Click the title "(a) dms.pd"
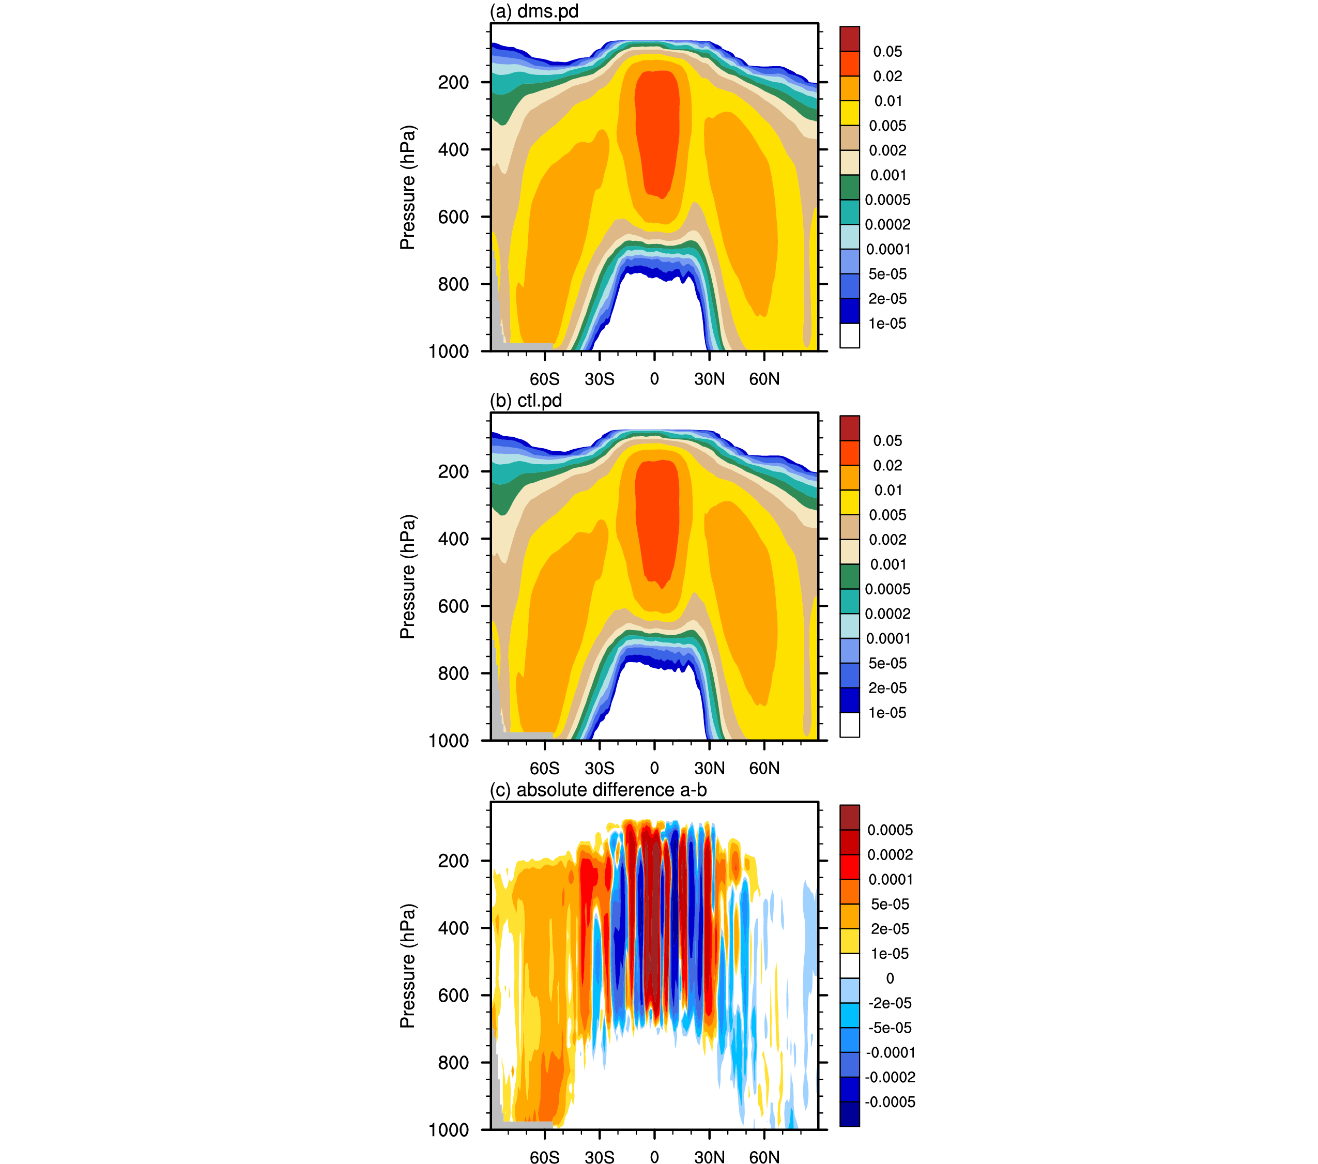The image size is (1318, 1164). click(534, 11)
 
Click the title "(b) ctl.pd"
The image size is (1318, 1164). click(526, 401)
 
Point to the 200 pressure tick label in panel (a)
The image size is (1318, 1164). click(453, 83)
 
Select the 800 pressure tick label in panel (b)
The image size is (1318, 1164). click(453, 673)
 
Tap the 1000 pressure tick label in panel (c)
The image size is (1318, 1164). click(449, 1130)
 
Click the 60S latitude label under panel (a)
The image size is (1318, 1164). click(545, 379)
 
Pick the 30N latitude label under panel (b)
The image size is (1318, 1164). click(709, 768)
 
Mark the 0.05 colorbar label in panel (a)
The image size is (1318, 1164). click(887, 52)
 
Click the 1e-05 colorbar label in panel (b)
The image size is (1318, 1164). click(887, 713)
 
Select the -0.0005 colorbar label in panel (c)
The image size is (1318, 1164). click(890, 1102)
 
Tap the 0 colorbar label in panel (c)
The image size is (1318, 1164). click(890, 978)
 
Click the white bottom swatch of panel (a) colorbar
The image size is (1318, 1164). click(849, 335)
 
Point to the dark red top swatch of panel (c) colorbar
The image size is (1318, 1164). click(849, 817)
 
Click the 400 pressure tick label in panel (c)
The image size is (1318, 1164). click(453, 928)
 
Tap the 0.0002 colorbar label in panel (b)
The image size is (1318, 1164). click(887, 614)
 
